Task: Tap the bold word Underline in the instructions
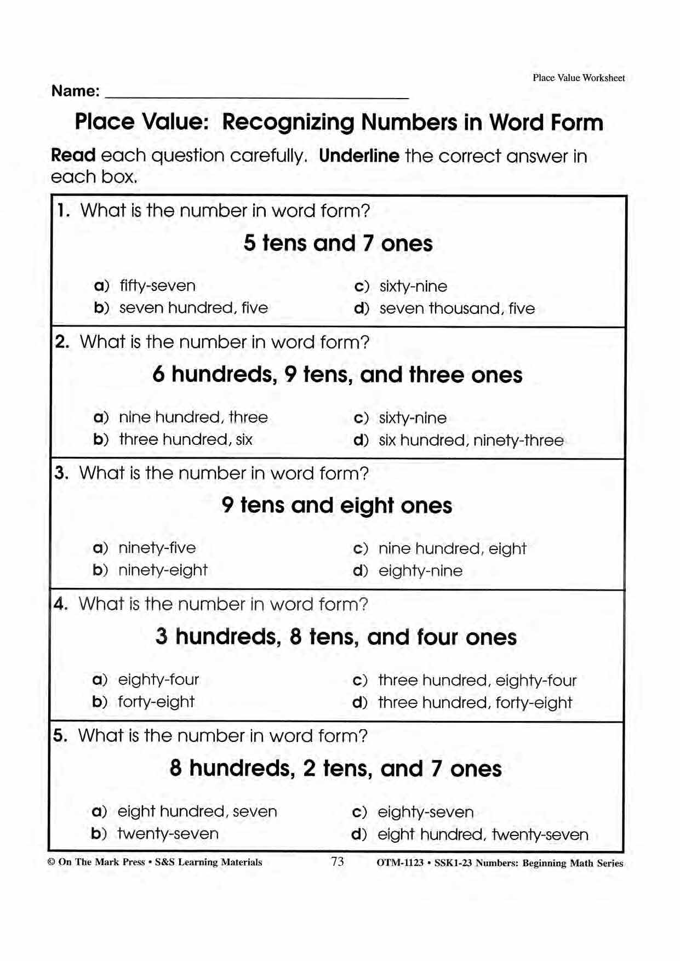[359, 156]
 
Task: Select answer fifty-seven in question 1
[157, 286]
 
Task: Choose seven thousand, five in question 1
[457, 308]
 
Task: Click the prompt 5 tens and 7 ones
[338, 243]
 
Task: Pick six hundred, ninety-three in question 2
[471, 440]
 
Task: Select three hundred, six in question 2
[186, 439]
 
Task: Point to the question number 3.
[61, 473]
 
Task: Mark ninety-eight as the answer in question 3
[163, 570]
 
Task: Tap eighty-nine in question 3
[420, 571]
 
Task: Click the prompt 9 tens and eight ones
[336, 505]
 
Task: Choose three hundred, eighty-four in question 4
[477, 680]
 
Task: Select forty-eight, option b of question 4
[156, 702]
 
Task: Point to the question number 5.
[60, 735]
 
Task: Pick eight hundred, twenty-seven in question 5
[483, 834]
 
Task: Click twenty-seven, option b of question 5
[168, 834]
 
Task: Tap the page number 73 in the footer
[338, 862]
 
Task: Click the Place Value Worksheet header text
[579, 78]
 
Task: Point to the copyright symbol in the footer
[52, 862]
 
